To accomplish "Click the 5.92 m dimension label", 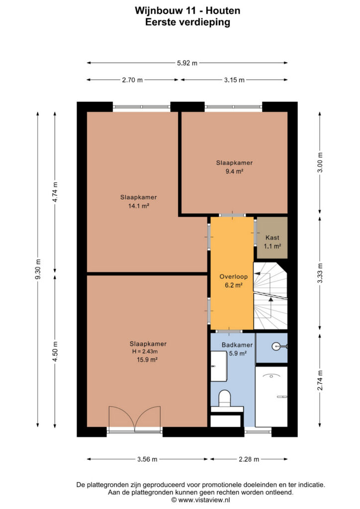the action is pos(187,63).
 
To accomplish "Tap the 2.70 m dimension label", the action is pos(132,80).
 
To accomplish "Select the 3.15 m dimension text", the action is pos(234,80).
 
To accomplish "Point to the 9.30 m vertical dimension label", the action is pos(38,269).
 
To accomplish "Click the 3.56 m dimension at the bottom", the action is pos(147,459).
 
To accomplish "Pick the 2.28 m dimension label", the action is pos(249,459).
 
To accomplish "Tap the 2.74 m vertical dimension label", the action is pos(320,380).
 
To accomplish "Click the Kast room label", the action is pos(272,238).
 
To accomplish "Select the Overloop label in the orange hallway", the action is pos(233,276).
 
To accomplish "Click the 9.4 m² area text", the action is pos(234,171).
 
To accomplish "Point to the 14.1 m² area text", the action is pos(139,205).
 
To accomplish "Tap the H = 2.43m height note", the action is pos(145,351).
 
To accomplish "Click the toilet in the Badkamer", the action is pos(224,398).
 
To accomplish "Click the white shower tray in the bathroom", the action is pos(271,397).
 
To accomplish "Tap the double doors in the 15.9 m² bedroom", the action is pos(135,419).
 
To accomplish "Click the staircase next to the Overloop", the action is pos(270,296).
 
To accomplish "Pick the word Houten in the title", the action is pos(223,10).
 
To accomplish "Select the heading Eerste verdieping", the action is pos(187,22).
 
